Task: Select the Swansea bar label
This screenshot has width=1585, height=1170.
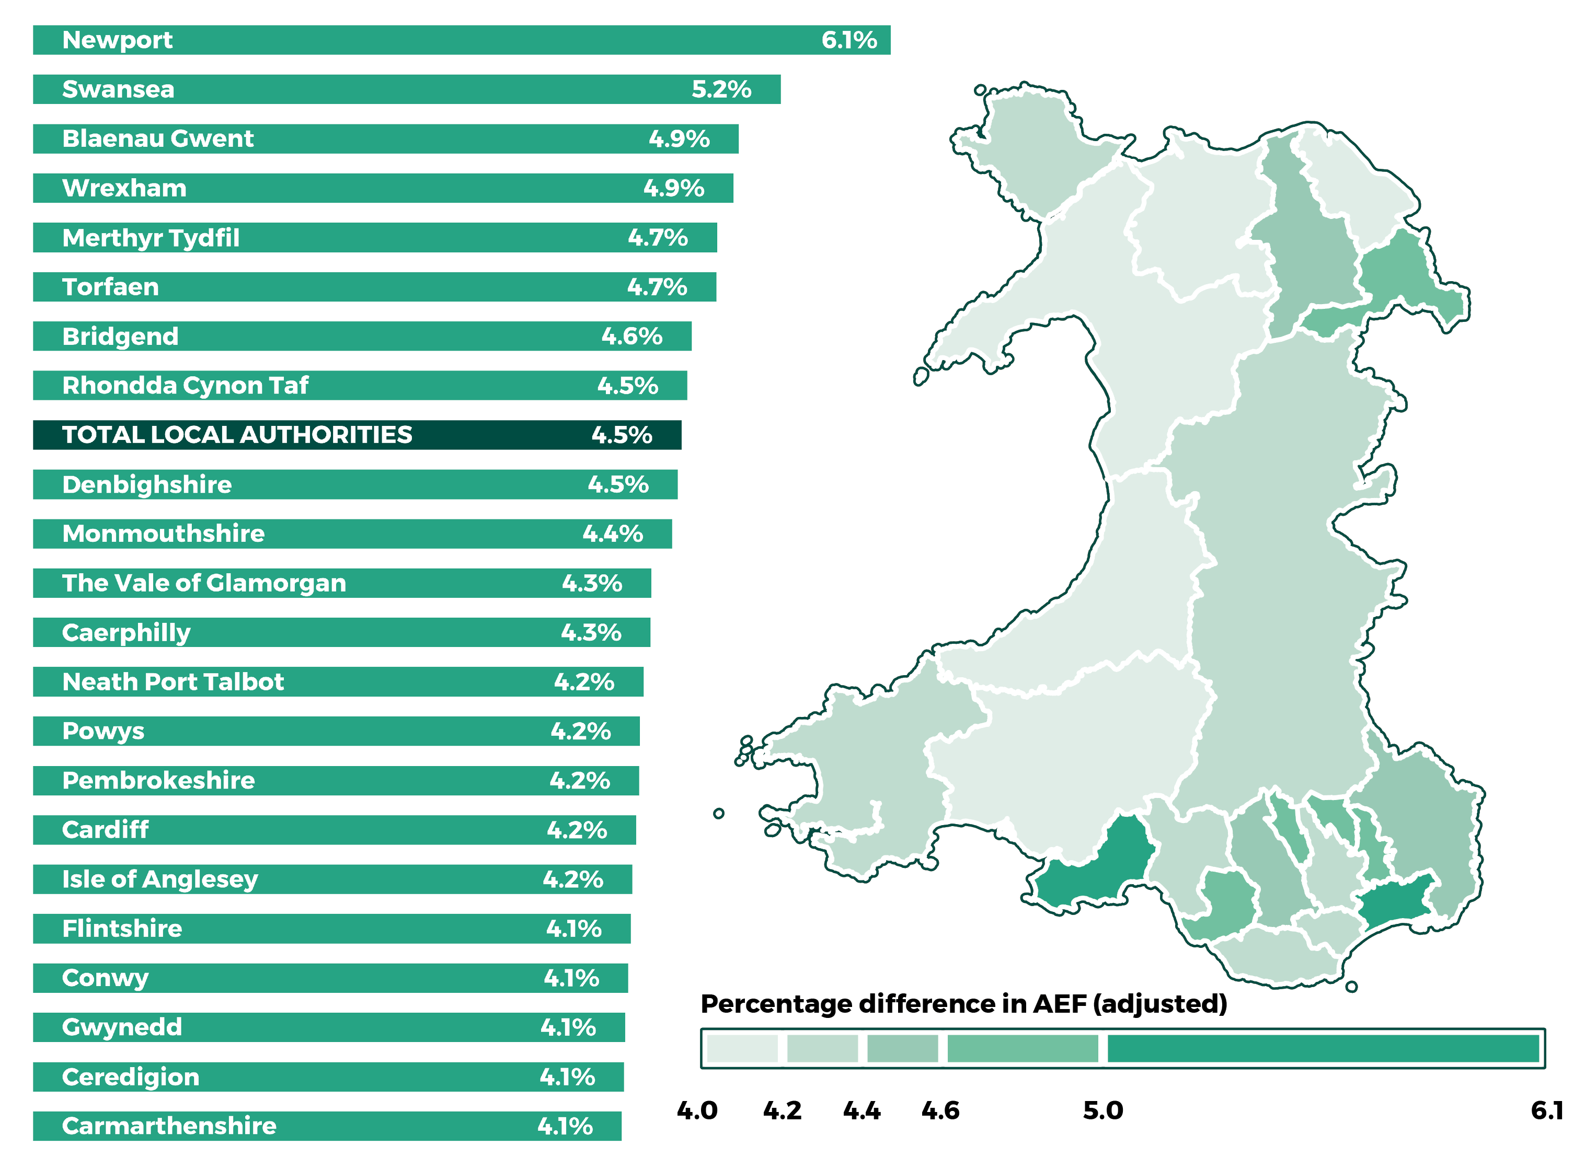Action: pos(118,89)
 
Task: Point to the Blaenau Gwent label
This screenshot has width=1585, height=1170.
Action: pos(157,139)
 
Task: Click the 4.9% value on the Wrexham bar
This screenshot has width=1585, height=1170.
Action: pos(673,189)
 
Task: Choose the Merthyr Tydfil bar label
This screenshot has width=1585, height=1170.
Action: pos(150,238)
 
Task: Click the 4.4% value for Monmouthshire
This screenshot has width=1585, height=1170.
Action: pos(612,534)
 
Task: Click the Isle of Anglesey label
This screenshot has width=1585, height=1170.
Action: pos(159,879)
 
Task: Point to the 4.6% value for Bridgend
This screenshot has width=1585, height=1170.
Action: pos(631,337)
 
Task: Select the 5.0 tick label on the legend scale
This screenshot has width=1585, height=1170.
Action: pos(1102,1110)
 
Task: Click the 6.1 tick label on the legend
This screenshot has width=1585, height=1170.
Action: pos(1547,1110)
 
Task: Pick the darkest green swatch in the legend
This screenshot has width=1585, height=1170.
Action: pos(1322,1048)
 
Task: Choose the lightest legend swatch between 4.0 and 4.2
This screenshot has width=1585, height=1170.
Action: pos(742,1048)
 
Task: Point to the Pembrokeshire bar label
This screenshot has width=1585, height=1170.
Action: pos(158,781)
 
